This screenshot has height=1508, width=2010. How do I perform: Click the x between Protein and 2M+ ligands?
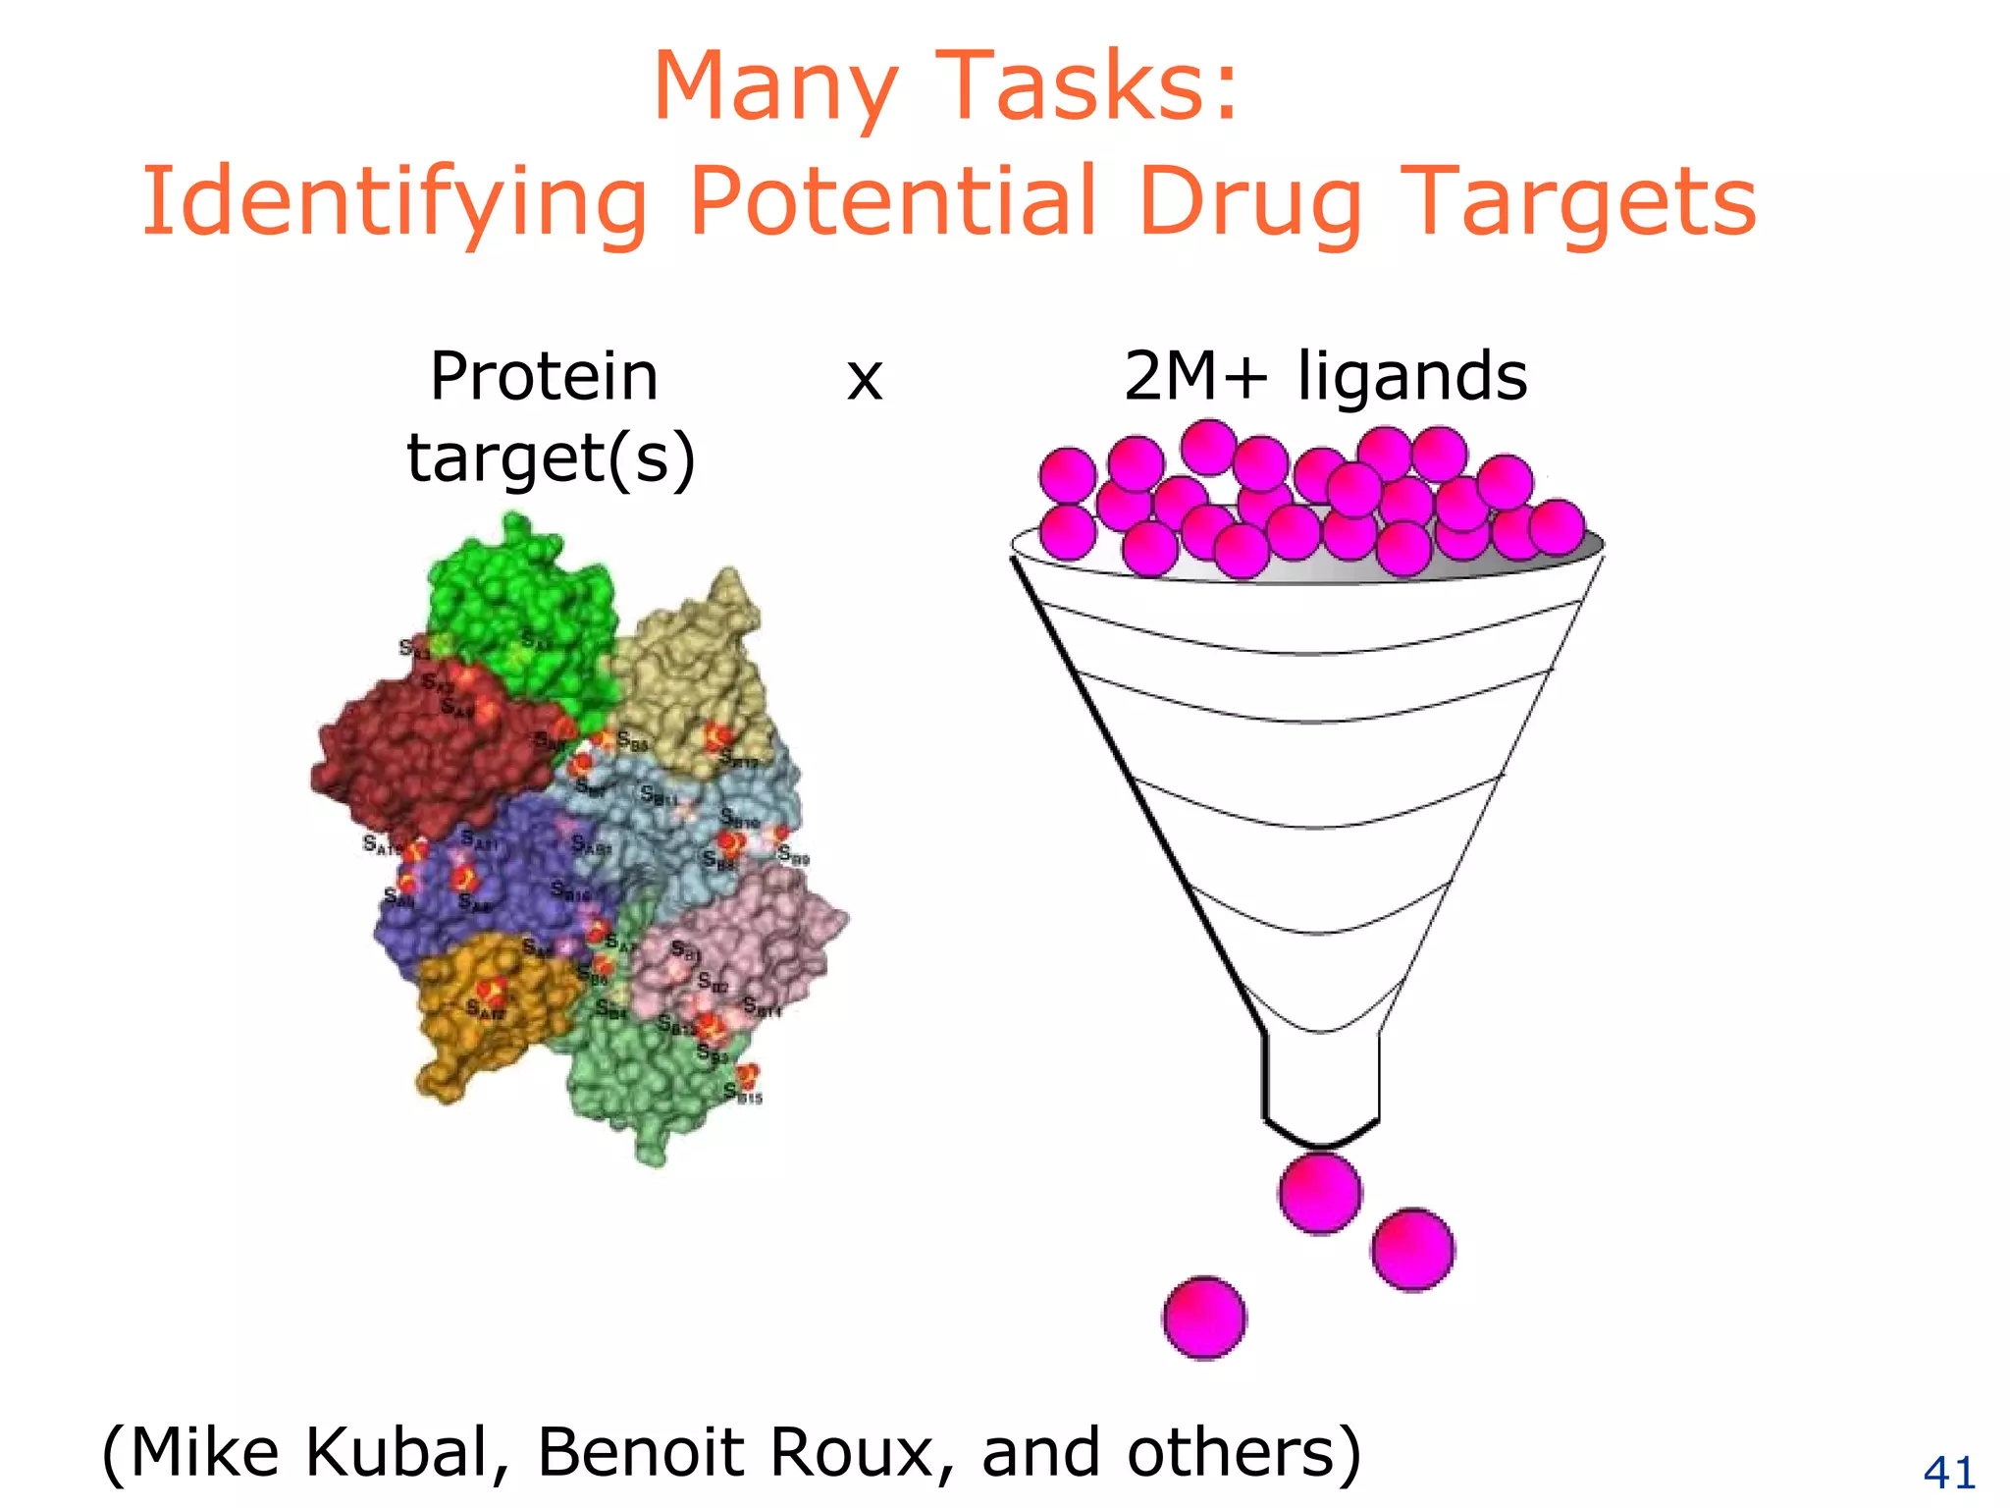[865, 379]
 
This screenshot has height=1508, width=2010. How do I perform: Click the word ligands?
[1412, 379]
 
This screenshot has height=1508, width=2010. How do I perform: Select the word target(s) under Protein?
[551, 458]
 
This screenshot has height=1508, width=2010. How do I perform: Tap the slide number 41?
[1949, 1473]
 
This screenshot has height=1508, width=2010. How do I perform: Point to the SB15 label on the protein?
[743, 1094]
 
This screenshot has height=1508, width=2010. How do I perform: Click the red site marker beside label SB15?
[748, 1073]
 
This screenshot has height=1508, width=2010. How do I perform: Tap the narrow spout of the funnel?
[1321, 1080]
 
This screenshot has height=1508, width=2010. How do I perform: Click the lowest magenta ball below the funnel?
[1204, 1318]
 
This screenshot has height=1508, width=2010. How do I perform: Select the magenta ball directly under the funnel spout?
[1320, 1193]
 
